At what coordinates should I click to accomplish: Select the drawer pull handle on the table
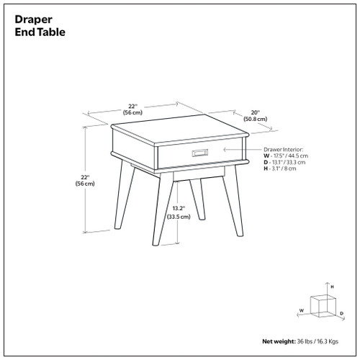(x=199, y=151)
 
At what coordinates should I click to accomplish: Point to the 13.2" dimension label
(x=179, y=208)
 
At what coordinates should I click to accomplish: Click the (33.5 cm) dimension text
(x=179, y=216)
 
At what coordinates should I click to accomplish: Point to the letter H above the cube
(x=331, y=287)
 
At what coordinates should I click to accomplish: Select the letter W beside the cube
(x=303, y=312)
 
